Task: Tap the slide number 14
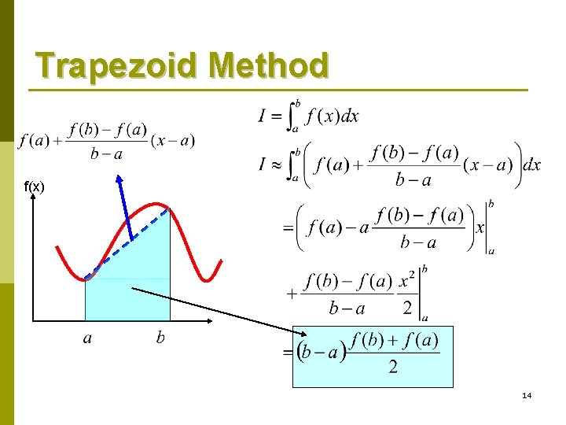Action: pyautogui.click(x=527, y=395)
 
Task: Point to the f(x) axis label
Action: pyautogui.click(x=35, y=187)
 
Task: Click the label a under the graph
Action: pyautogui.click(x=88, y=339)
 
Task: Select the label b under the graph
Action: pyautogui.click(x=160, y=338)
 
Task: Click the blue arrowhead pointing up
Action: pyautogui.click(x=119, y=180)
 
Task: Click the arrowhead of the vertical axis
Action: pyautogui.click(x=34, y=198)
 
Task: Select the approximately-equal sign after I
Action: pyautogui.click(x=277, y=166)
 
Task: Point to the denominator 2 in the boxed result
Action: pyautogui.click(x=393, y=368)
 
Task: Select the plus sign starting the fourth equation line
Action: pyautogui.click(x=292, y=293)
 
